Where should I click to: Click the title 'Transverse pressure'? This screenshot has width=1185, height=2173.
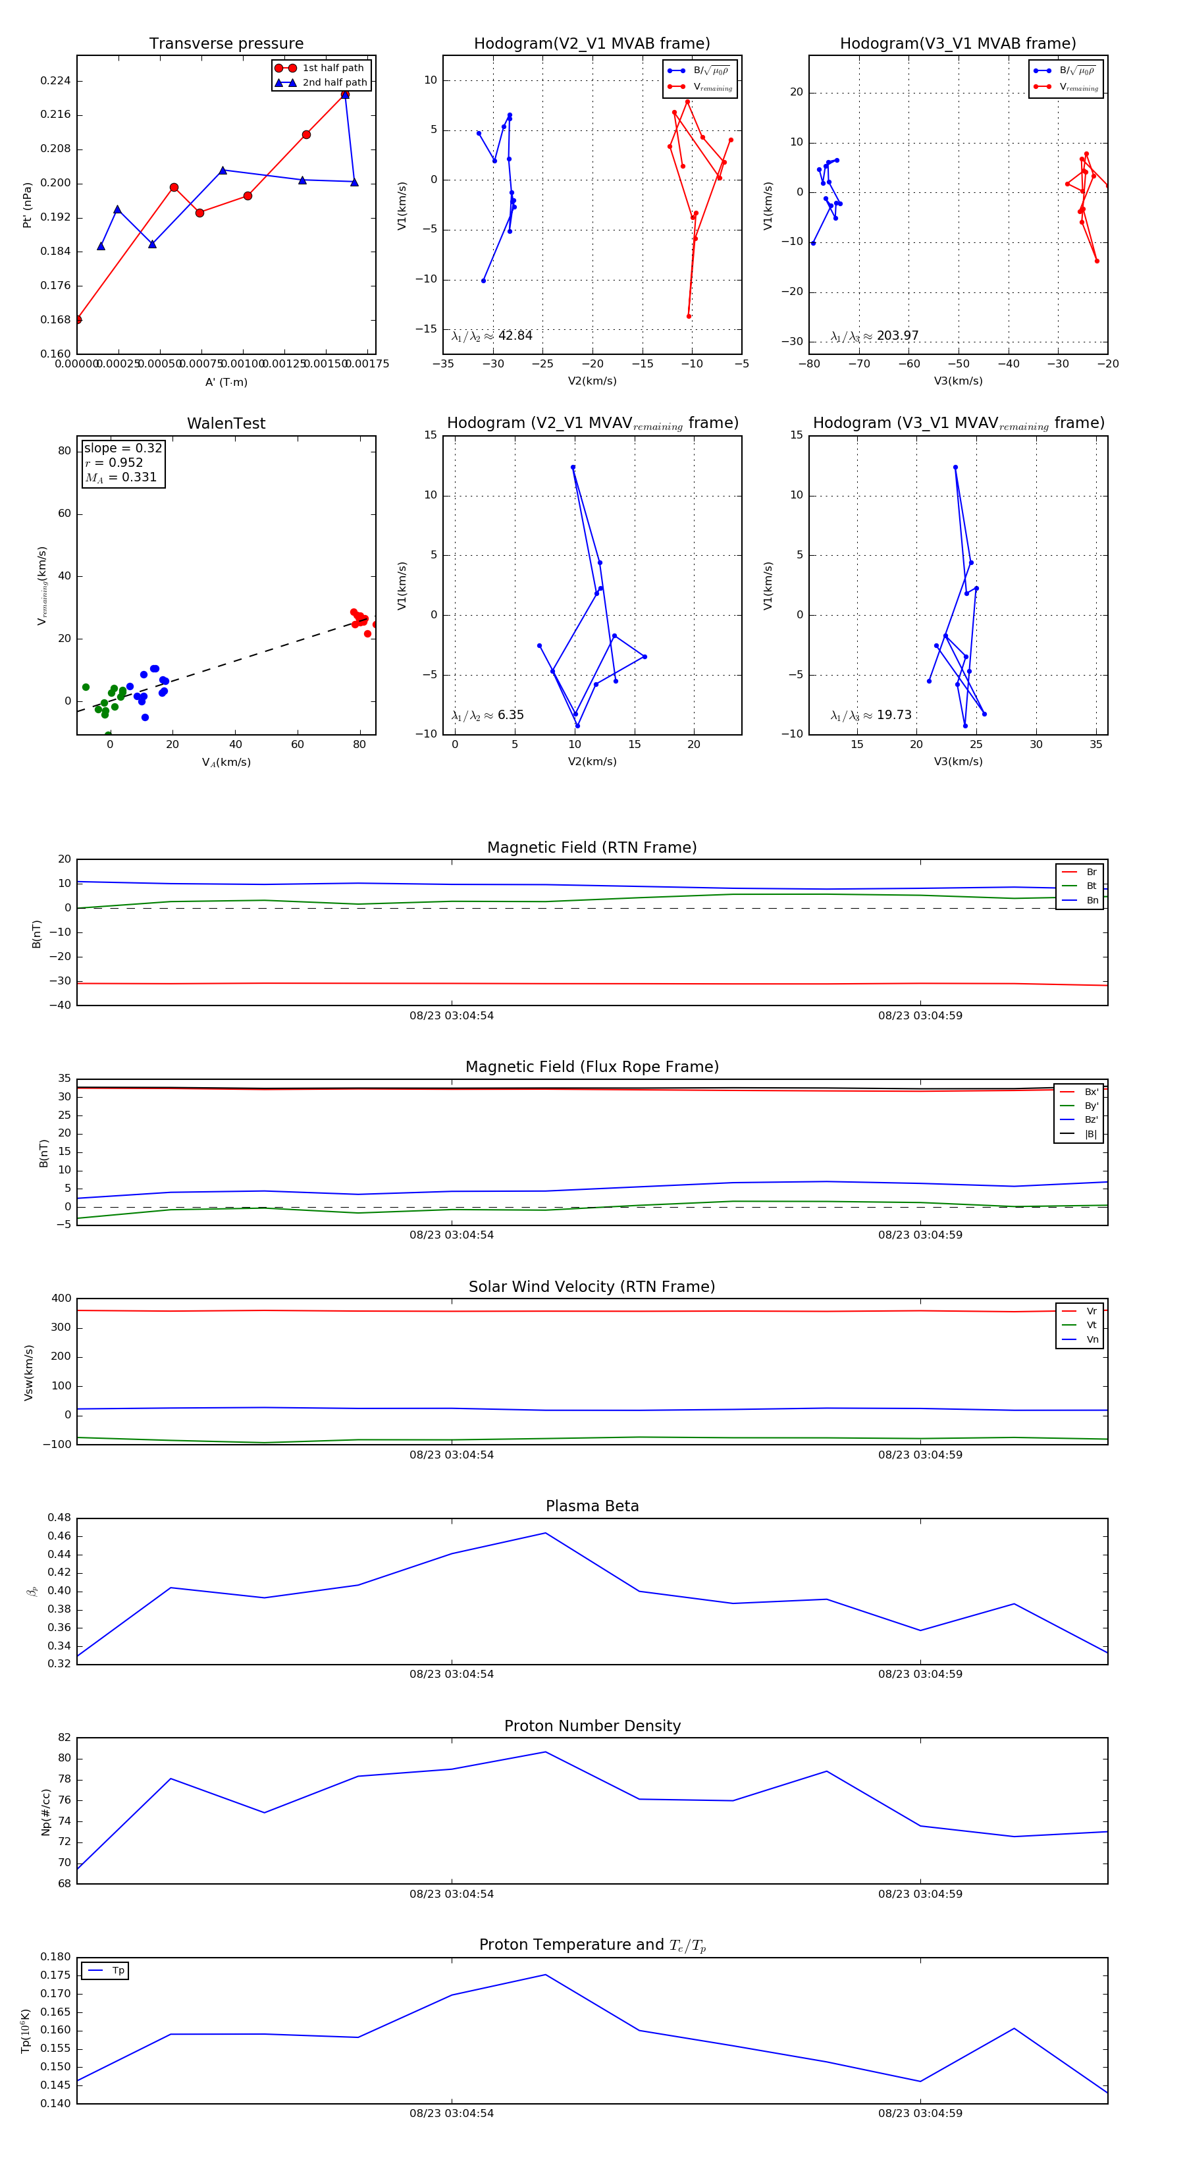pyautogui.click(x=226, y=44)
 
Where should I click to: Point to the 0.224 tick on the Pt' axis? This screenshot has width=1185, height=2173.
pyautogui.click(x=56, y=81)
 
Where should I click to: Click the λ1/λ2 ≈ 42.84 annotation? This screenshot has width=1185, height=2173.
pyautogui.click(x=492, y=336)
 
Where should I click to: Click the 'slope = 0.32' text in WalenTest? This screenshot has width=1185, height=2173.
pyautogui.click(x=122, y=448)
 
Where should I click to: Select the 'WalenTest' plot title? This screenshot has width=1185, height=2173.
pyautogui.click(x=226, y=423)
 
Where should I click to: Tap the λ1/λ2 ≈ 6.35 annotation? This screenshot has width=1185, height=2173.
pyautogui.click(x=487, y=715)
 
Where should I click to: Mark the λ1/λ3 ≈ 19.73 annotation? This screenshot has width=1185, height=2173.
pyautogui.click(x=870, y=715)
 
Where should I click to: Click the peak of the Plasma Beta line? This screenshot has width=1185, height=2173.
pyautogui.click(x=546, y=1533)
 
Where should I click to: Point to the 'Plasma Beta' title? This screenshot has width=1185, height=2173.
pyautogui.click(x=592, y=1506)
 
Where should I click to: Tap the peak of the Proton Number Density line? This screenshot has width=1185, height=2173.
pyautogui.click(x=546, y=1752)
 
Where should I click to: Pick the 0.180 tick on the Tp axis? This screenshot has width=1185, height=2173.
pyautogui.click(x=56, y=1957)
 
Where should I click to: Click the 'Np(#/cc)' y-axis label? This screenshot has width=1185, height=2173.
pyautogui.click(x=45, y=1812)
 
